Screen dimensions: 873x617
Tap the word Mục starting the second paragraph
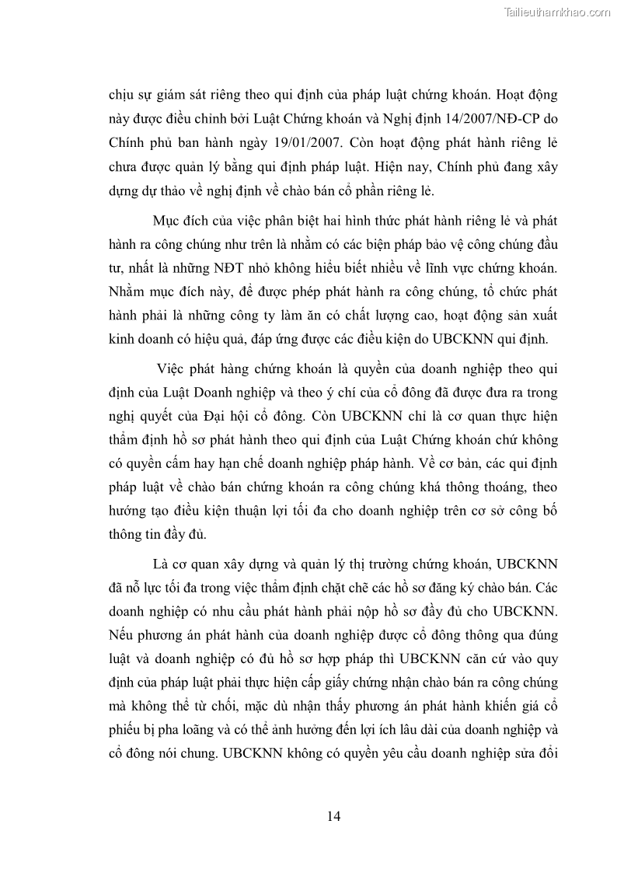[169, 222]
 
